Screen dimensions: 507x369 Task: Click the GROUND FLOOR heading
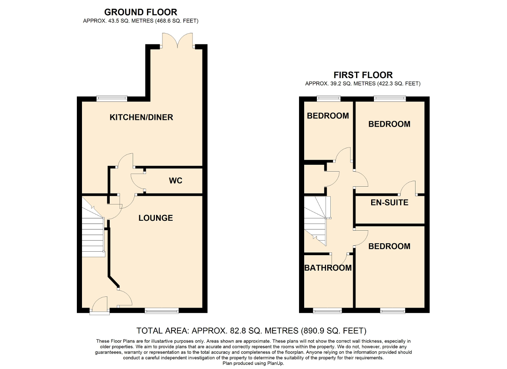pyautogui.click(x=141, y=12)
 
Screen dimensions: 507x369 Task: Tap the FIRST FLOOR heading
pyautogui.click(x=363, y=75)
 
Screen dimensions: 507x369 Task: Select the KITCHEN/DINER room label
pyautogui.click(x=141, y=117)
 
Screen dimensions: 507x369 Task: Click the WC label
pyautogui.click(x=175, y=180)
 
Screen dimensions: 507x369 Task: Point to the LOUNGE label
pyautogui.click(x=156, y=218)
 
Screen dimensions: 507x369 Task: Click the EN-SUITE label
pyautogui.click(x=389, y=203)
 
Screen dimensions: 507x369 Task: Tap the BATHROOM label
pyautogui.click(x=328, y=268)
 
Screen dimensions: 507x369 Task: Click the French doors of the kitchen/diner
pyautogui.click(x=178, y=41)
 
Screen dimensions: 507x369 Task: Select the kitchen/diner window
pyautogui.click(x=112, y=99)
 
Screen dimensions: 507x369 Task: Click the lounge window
pyautogui.click(x=162, y=311)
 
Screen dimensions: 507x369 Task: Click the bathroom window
pyautogui.click(x=327, y=311)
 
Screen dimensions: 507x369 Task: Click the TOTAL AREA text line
pyautogui.click(x=251, y=331)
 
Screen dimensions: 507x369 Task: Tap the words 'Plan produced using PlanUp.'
pyautogui.click(x=253, y=363)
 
